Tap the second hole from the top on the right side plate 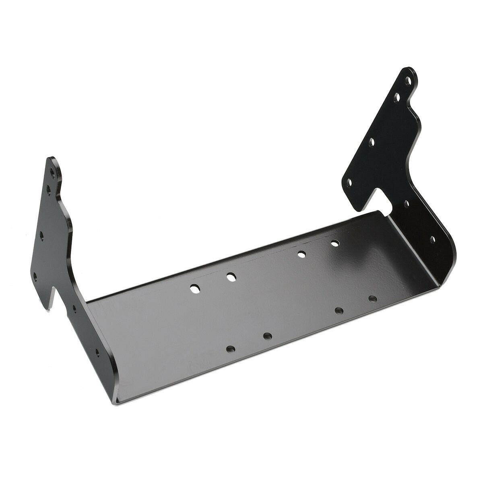tap(397, 97)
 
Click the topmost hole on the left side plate tap(52, 172)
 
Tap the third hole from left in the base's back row tap(301, 254)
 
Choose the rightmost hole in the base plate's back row tap(334, 244)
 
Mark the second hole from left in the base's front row tap(267, 336)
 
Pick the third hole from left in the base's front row tap(339, 310)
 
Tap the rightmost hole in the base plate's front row tap(372, 299)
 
